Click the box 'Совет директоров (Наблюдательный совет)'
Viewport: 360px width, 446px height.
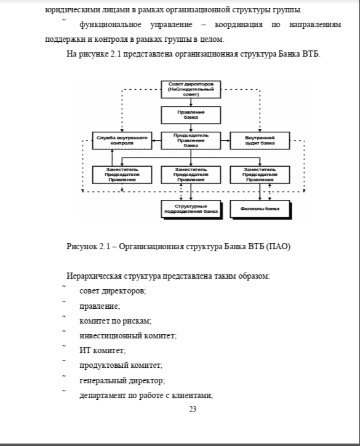coord(191,89)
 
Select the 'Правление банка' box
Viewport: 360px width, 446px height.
coord(191,115)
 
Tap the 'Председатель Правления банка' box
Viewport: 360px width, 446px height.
coord(191,140)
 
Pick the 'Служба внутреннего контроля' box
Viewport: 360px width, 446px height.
coord(122,140)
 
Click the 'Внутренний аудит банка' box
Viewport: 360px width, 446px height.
coord(260,140)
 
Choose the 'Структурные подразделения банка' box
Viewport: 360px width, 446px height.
coord(191,209)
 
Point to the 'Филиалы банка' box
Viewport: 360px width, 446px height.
coord(260,209)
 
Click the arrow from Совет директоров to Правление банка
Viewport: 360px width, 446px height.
coord(191,102)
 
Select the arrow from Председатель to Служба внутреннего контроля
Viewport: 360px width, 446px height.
coord(156,140)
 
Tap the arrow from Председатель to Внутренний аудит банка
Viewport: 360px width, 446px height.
coord(225,140)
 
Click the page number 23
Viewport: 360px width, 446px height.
coord(193,409)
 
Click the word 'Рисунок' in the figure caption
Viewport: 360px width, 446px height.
coord(82,246)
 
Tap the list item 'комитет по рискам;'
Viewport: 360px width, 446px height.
coord(115,321)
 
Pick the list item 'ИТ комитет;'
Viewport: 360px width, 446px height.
coord(102,350)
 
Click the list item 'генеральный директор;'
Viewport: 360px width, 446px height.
coord(122,380)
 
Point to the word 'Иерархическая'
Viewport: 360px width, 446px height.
coord(94,276)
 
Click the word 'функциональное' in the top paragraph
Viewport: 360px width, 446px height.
coord(110,25)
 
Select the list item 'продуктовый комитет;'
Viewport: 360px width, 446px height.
coord(121,365)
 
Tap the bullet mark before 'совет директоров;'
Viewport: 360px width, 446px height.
coord(64,285)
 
